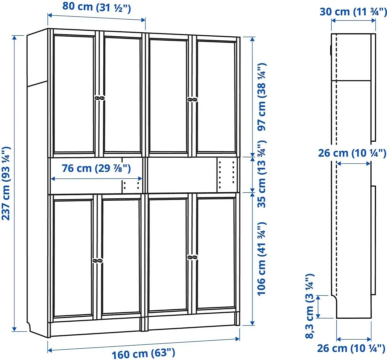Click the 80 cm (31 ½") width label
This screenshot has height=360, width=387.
pyautogui.click(x=97, y=7)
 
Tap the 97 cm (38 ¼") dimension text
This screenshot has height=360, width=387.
pyautogui.click(x=262, y=97)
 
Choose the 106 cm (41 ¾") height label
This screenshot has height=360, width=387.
pyautogui.click(x=262, y=258)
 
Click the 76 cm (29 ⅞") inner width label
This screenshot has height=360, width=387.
pyautogui.click(x=96, y=168)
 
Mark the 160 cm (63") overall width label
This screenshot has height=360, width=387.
pyautogui.click(x=143, y=353)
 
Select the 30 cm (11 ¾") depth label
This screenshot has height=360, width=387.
pyautogui.click(x=353, y=11)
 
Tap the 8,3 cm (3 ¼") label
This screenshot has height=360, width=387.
pyautogui.click(x=310, y=306)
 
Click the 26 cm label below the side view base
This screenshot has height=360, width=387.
pyautogui.click(x=351, y=348)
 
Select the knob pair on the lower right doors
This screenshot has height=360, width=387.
pyautogui.click(x=192, y=257)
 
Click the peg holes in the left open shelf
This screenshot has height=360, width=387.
pyautogui.click(x=132, y=186)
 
